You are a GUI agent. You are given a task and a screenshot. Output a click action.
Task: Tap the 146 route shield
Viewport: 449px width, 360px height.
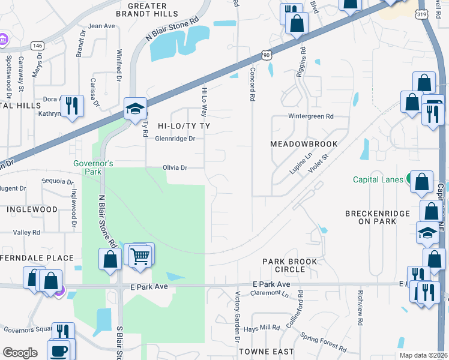38,45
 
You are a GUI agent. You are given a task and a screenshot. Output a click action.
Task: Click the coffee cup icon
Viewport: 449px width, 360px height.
59,351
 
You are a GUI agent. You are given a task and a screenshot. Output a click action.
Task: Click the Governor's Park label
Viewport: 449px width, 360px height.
93,167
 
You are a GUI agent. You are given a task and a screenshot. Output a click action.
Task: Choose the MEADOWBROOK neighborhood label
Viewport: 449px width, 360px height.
304,144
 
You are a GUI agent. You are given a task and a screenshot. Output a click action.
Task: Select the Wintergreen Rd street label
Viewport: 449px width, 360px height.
310,116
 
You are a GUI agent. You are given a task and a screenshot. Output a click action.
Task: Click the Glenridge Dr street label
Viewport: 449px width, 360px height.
175,139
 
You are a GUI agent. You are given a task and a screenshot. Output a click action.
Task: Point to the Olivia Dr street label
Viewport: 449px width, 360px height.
175,168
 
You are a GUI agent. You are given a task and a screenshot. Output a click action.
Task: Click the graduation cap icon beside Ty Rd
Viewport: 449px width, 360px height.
135,109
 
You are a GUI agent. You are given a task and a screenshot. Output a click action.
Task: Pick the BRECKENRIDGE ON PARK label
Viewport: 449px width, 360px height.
378,217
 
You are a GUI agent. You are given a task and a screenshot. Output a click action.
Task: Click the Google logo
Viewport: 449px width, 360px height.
20,353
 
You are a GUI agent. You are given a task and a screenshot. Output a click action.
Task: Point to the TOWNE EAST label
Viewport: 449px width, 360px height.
266,351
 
